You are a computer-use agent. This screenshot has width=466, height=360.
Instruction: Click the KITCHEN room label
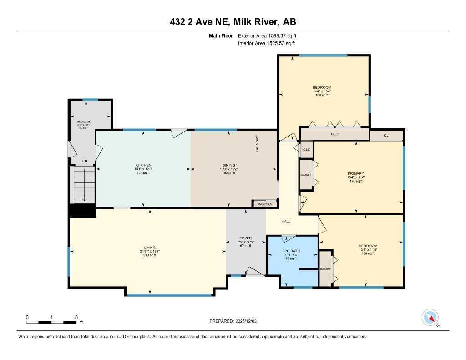(x=143, y=165)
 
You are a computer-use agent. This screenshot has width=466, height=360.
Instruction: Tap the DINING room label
(x=228, y=165)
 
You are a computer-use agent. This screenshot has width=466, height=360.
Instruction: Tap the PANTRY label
(x=265, y=204)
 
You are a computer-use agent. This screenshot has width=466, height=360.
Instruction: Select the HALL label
(x=286, y=221)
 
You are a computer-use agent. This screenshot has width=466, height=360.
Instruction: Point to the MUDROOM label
(x=84, y=122)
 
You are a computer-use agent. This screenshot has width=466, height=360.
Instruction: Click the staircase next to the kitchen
(x=83, y=184)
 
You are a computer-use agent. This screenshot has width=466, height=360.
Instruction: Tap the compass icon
(x=430, y=317)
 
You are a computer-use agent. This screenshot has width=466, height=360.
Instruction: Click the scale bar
(x=51, y=322)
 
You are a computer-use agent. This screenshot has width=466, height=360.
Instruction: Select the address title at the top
(x=233, y=22)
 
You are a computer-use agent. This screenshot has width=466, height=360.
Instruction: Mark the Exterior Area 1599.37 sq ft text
(x=268, y=35)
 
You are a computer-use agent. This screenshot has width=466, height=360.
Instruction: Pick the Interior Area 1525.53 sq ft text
(x=267, y=44)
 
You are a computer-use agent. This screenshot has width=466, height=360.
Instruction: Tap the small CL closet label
(x=386, y=135)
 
